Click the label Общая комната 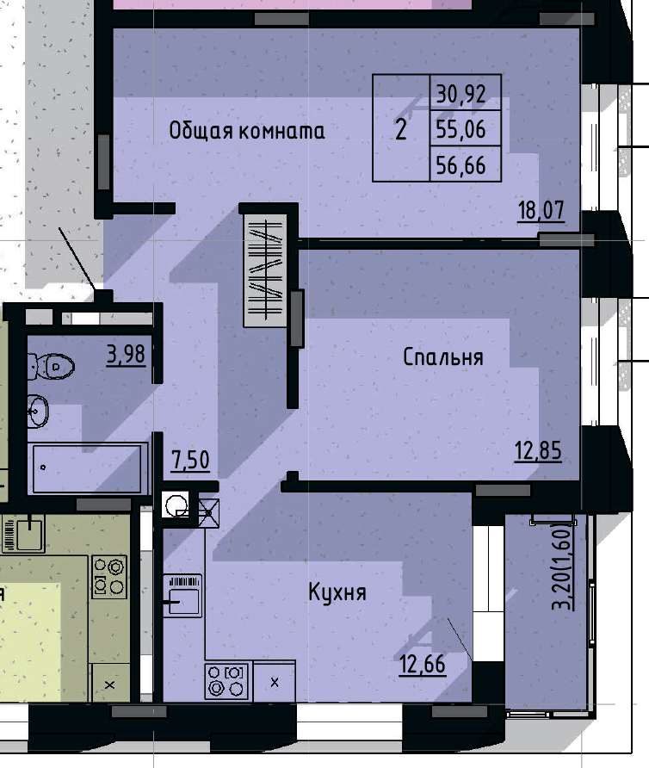[x=247, y=131]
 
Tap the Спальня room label [x=443, y=357]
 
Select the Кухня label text [x=337, y=592]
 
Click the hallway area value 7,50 [x=190, y=460]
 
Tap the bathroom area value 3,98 [x=126, y=354]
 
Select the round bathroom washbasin [x=38, y=410]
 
